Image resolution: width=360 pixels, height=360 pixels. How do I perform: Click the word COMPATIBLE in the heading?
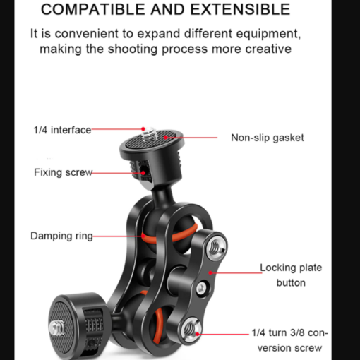pyautogui.click(x=94, y=10)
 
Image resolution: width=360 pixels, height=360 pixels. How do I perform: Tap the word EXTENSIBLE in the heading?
pyautogui.click(x=240, y=10)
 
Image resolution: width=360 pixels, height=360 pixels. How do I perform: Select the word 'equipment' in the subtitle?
pyautogui.click(x=268, y=34)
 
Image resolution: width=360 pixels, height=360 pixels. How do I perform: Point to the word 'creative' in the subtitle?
pyautogui.click(x=268, y=49)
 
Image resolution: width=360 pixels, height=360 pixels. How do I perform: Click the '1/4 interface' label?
pyautogui.click(x=62, y=130)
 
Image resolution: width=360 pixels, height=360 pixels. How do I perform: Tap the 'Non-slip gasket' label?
pyautogui.click(x=268, y=138)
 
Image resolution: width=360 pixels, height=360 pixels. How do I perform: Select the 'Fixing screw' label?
pyautogui.click(x=63, y=172)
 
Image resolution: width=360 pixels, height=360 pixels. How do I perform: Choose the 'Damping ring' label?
pyautogui.click(x=61, y=236)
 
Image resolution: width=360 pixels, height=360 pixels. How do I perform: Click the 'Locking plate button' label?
pyautogui.click(x=291, y=275)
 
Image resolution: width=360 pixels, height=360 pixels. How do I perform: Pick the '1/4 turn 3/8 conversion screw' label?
pyautogui.click(x=289, y=340)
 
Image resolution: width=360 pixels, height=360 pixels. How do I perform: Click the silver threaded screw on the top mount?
pyautogui.click(x=149, y=134)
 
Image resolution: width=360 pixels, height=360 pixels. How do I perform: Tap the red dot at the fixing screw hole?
pyautogui.click(x=143, y=173)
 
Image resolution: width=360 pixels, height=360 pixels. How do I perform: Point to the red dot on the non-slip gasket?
pyautogui.click(x=166, y=138)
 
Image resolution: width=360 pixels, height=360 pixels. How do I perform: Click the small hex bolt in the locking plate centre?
pyautogui.click(x=201, y=287)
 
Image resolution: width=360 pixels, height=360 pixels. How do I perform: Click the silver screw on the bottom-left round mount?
pyautogui.click(x=56, y=327)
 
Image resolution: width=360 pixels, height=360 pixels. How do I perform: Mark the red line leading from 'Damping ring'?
pyautogui.click(x=117, y=236)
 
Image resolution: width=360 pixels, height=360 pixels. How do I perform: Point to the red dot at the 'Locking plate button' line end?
pyautogui.click(x=210, y=273)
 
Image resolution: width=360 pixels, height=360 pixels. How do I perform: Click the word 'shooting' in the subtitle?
pyautogui.click(x=133, y=49)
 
